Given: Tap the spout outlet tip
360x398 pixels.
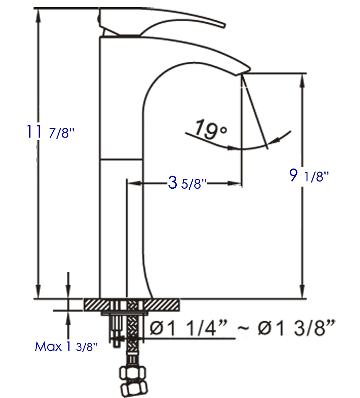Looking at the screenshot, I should (241, 72).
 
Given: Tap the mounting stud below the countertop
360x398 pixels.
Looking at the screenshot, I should (116, 330).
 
